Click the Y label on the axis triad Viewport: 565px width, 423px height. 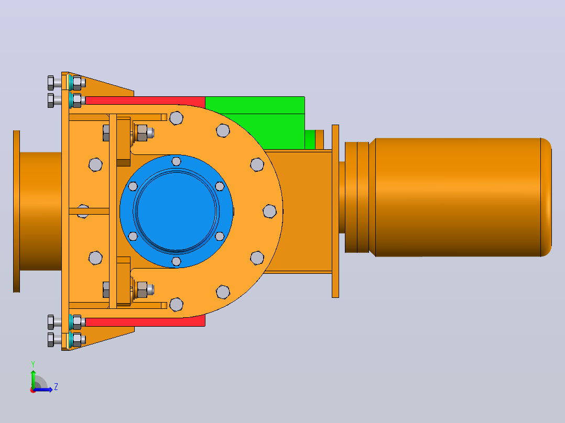tap(33, 364)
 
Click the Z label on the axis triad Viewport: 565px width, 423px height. tap(56, 387)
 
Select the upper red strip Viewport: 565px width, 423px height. tap(145, 101)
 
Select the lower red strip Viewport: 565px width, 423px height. tap(145, 321)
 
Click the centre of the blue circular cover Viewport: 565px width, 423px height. tap(176, 211)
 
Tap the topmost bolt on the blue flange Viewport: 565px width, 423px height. tap(176, 161)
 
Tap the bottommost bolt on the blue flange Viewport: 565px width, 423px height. tap(176, 261)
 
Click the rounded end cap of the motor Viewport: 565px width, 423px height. tap(546, 197)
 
